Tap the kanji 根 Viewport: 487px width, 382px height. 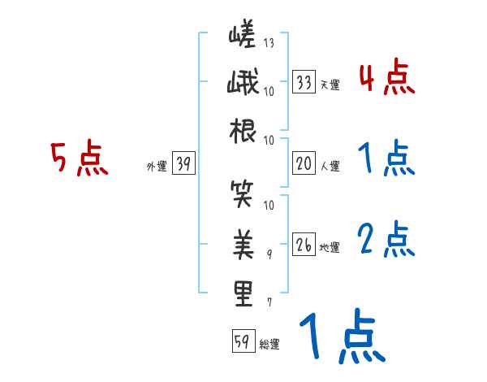[x=243, y=131]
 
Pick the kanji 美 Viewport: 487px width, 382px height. [x=243, y=243]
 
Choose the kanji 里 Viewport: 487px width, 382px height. [x=243, y=293]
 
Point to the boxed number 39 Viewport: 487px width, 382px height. [x=183, y=164]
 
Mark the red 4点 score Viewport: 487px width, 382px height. [x=386, y=80]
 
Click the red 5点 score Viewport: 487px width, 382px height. [x=80, y=158]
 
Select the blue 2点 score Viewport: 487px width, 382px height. [x=386, y=241]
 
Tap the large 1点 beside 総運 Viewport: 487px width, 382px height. [x=341, y=337]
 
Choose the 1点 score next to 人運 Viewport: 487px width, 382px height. [x=386, y=159]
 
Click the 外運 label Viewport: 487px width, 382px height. [x=156, y=167]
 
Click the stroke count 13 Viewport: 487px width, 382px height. [x=269, y=42]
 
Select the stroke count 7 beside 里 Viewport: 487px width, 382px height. [x=269, y=302]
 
